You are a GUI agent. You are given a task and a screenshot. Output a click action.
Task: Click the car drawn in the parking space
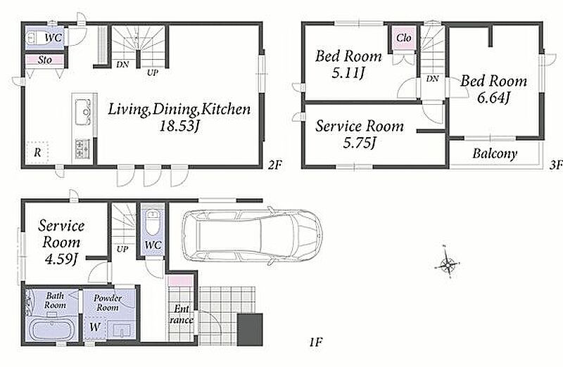point(252,237)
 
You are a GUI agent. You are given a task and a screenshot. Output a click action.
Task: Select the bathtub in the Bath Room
point(52,329)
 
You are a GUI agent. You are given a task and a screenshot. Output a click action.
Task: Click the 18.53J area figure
point(179,127)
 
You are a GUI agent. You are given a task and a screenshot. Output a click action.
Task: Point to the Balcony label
point(495,153)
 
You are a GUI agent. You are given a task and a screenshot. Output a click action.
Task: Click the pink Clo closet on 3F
point(404,38)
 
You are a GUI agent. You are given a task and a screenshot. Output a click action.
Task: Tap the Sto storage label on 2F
point(45,60)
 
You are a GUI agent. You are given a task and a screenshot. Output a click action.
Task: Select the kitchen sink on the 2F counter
point(82,112)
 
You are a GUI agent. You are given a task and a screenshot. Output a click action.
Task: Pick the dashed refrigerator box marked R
point(37,153)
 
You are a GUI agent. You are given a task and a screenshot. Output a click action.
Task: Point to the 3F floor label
point(556,165)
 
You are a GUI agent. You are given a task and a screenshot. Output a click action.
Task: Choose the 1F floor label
point(316,342)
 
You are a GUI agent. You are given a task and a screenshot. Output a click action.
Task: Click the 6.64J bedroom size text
point(494,98)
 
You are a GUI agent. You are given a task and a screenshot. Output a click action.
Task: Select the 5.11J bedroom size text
point(348,73)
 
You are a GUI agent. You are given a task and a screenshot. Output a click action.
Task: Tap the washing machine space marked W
point(95,327)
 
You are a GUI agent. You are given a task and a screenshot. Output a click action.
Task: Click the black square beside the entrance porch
point(250,330)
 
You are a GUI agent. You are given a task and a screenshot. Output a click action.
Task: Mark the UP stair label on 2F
point(152,72)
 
